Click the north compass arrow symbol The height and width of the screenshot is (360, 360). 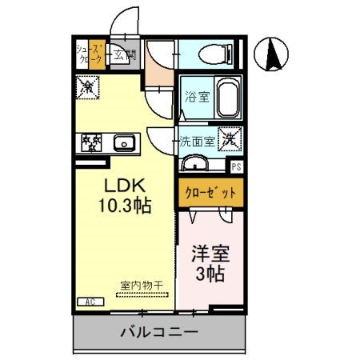(x=272, y=54)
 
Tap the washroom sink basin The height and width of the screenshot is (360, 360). (x=195, y=165)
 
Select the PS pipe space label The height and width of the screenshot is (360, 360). (x=237, y=167)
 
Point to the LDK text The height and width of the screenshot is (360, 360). (x=123, y=185)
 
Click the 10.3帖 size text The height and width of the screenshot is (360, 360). (x=124, y=205)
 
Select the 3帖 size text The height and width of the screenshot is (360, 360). (x=210, y=274)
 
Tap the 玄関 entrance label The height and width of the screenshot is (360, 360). (x=123, y=55)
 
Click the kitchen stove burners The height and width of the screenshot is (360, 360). (x=90, y=144)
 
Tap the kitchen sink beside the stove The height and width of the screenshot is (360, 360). (x=125, y=145)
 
